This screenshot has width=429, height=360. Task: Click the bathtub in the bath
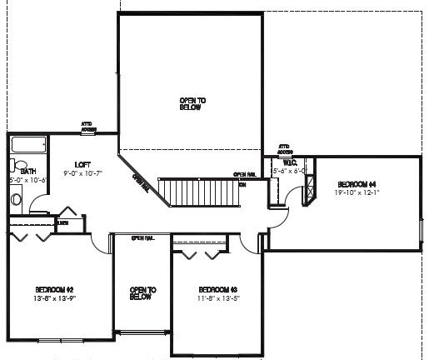(28, 146)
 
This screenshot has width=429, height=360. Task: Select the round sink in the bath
(17, 199)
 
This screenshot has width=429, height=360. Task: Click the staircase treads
(201, 192)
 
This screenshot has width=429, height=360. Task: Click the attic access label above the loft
(89, 127)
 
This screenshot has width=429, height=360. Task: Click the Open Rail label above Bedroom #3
(142, 238)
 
